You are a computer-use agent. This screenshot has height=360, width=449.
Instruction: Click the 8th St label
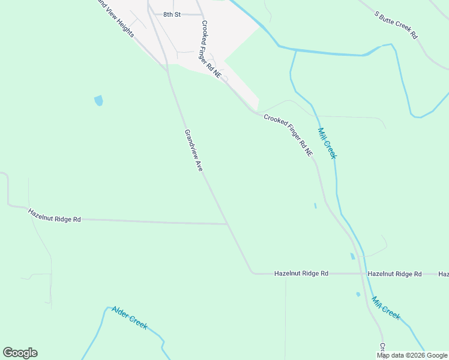(x=172, y=14)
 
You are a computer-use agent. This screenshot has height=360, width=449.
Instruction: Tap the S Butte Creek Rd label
(x=396, y=25)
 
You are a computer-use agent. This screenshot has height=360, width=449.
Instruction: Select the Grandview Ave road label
(x=194, y=151)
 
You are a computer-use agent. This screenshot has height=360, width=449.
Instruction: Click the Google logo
(x=20, y=353)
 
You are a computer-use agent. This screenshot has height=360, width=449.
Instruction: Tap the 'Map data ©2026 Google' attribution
(x=412, y=355)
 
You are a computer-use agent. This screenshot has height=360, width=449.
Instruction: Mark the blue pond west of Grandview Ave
(x=98, y=101)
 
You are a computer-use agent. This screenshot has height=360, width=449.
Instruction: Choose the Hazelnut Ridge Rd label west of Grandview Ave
(x=54, y=215)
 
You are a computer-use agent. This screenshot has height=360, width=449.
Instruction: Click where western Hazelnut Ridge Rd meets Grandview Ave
(x=228, y=224)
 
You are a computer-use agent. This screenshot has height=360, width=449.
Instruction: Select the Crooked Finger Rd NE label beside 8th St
(x=211, y=49)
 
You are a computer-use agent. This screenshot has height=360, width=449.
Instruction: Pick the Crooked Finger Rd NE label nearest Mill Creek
(x=289, y=135)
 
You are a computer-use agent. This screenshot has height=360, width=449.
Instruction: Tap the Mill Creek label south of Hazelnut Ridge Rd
(x=385, y=308)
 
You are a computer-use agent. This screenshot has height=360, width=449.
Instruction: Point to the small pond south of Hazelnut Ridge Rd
(x=358, y=294)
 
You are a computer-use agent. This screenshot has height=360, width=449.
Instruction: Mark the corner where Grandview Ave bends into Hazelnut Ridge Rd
(x=253, y=273)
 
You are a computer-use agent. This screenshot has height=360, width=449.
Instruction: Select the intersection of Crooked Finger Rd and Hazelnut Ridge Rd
(x=362, y=274)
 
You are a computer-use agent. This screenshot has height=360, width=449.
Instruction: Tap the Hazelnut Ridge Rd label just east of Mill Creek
(x=394, y=274)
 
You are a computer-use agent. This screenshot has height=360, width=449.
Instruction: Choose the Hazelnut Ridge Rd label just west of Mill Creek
(x=301, y=274)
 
